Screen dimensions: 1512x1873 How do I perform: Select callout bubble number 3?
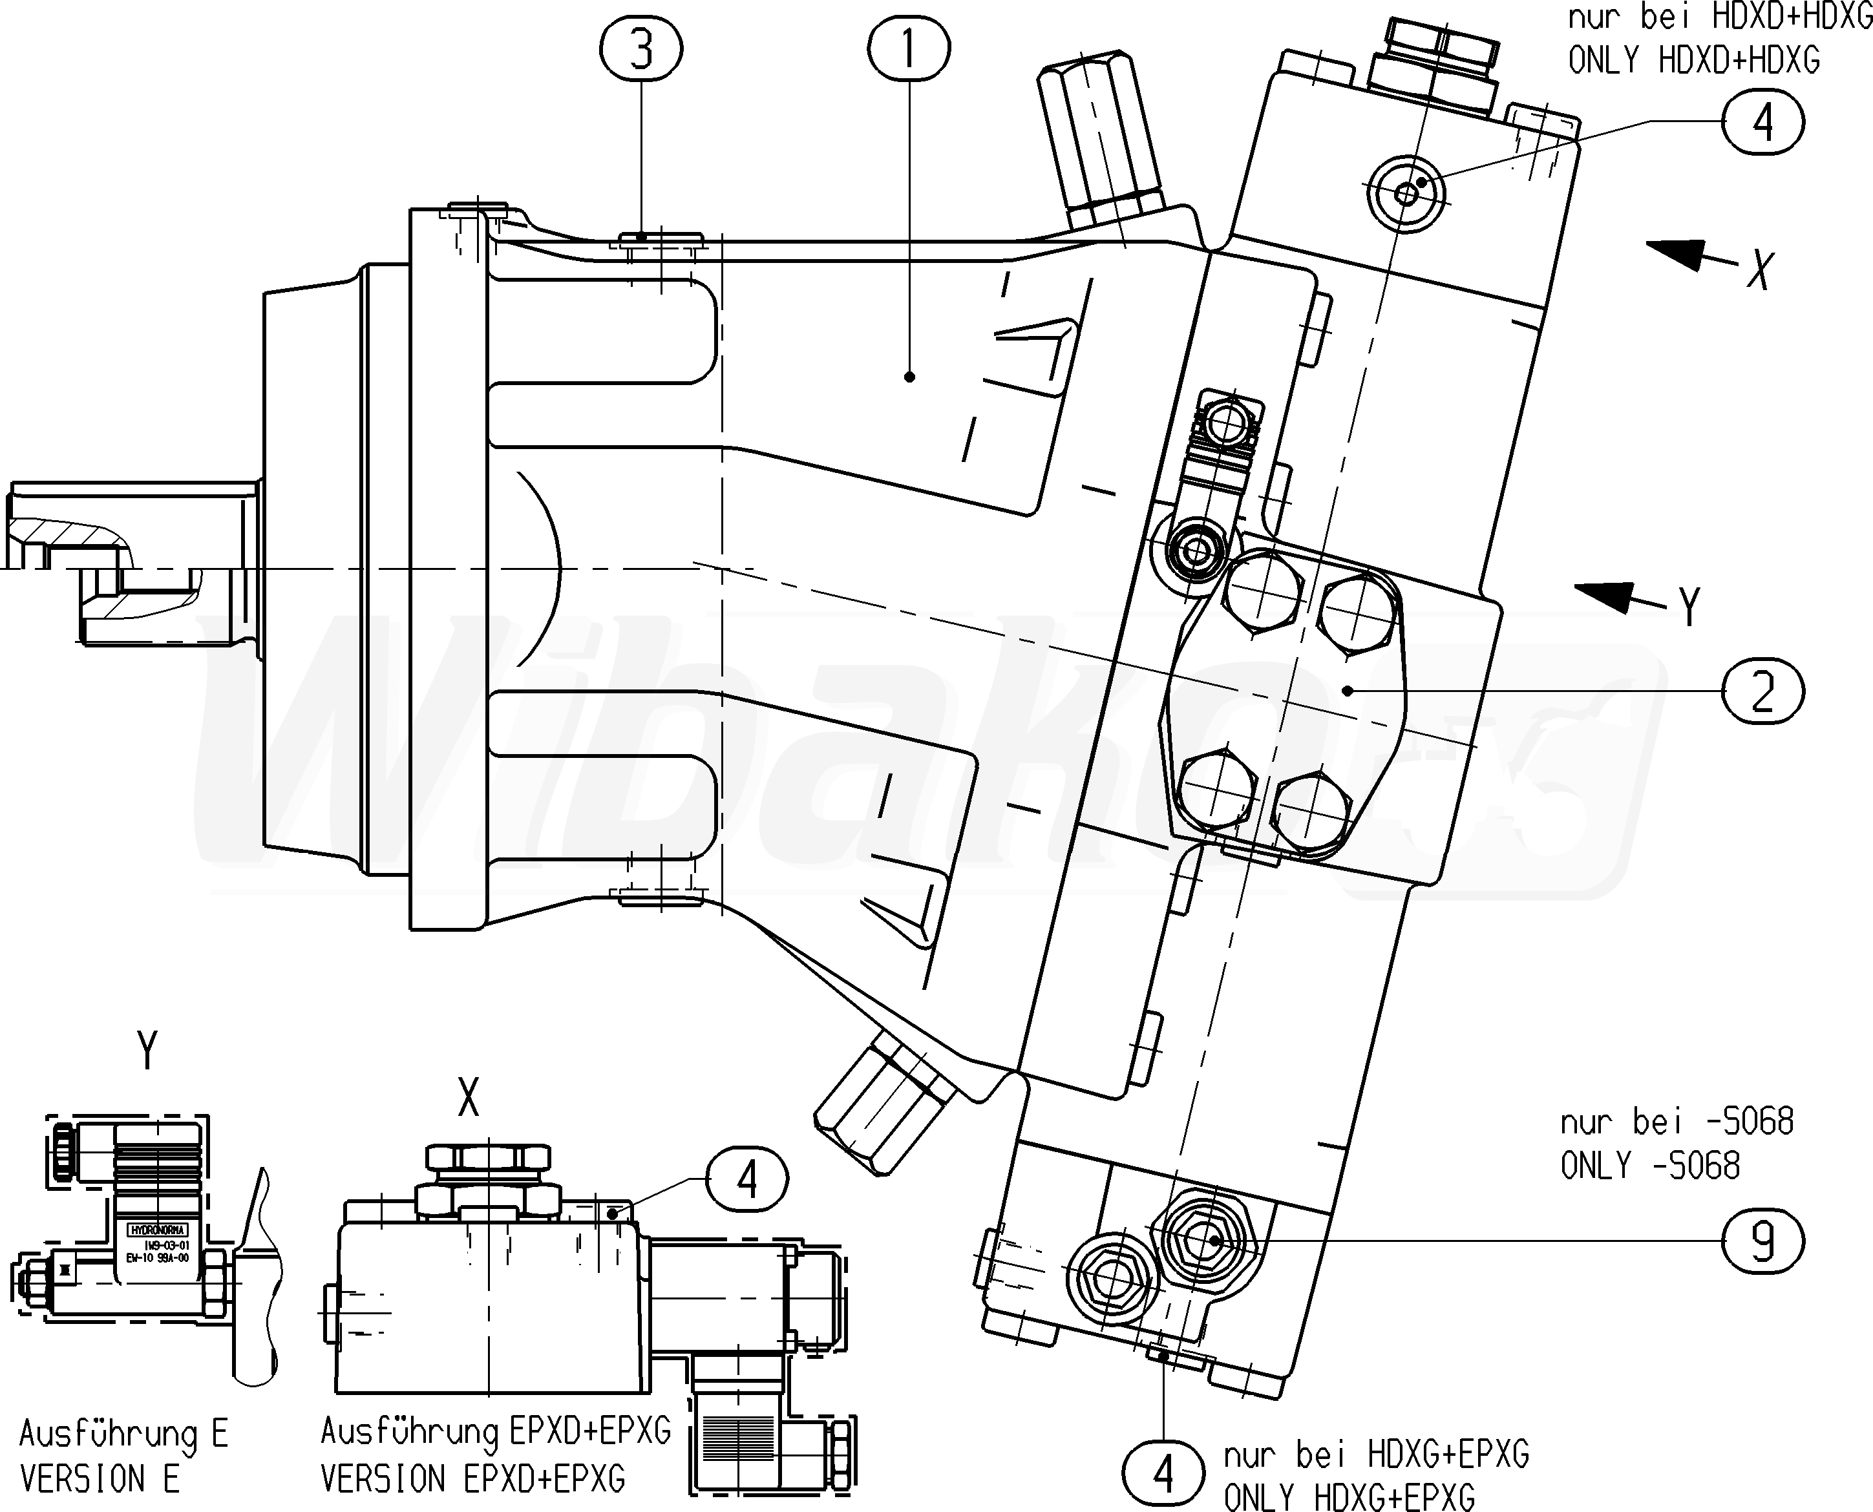[641, 48]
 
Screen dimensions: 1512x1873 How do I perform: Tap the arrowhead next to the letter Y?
[1607, 595]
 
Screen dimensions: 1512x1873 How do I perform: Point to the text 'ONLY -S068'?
[1650, 1166]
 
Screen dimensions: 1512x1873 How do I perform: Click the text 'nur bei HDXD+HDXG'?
[1720, 17]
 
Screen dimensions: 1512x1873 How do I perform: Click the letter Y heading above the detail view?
[147, 1051]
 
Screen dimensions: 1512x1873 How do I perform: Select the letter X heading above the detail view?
[469, 1097]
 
